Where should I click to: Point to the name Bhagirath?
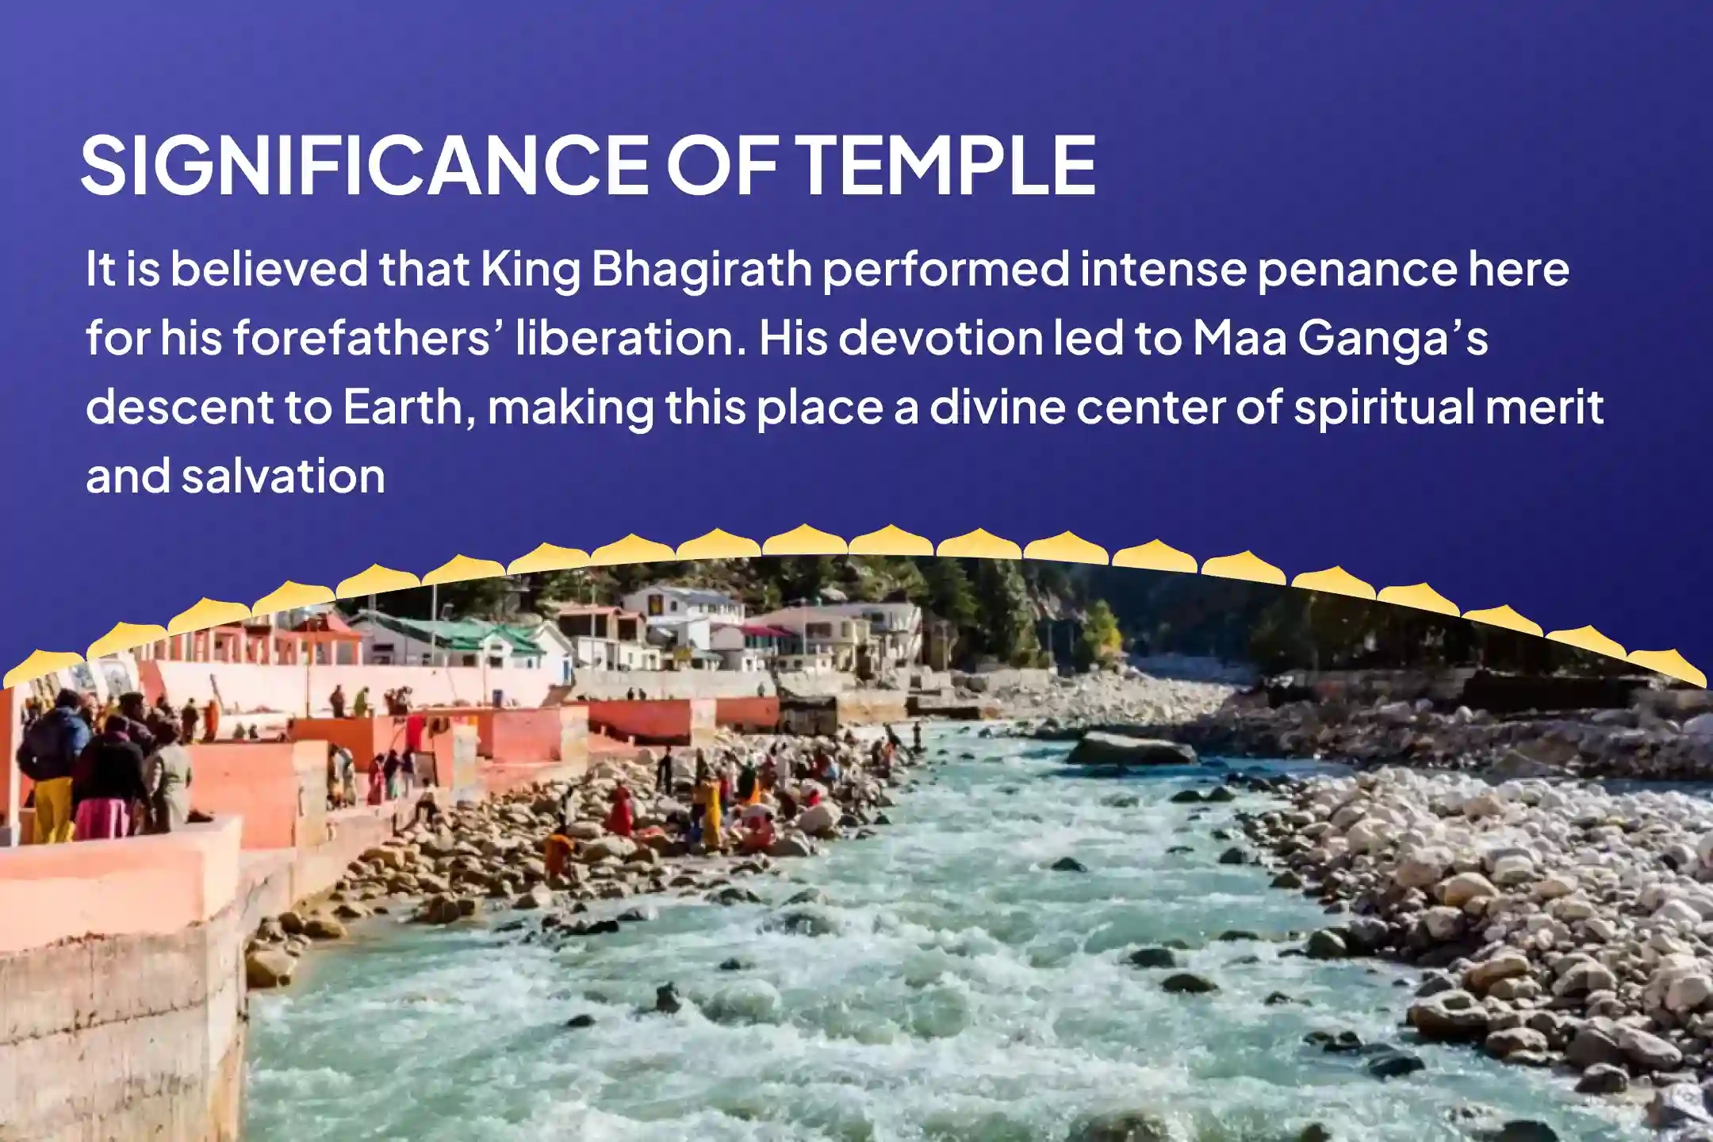pos(702,270)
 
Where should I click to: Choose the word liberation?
pos(631,339)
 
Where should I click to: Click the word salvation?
pos(283,477)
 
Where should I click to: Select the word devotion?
pos(940,339)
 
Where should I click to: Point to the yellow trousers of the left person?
pos(54,809)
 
